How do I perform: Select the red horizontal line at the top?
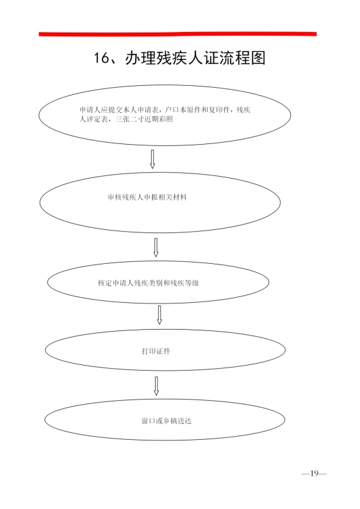click(177, 34)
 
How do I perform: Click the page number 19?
click(314, 473)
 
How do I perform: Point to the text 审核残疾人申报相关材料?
click(147, 197)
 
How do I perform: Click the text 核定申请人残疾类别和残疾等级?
click(148, 283)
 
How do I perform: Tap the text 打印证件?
click(156, 351)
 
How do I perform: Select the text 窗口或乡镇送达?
click(167, 421)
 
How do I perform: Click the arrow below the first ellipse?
click(152, 159)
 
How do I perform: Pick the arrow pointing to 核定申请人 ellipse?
click(156, 247)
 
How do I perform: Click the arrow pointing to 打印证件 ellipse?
click(160, 314)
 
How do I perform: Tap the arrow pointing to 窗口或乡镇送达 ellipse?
click(156, 386)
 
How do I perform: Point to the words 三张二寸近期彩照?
click(144, 119)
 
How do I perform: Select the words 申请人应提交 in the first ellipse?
click(101, 109)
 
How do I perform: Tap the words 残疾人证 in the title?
click(188, 58)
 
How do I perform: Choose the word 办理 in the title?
click(141, 58)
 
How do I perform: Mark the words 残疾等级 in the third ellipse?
click(184, 283)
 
